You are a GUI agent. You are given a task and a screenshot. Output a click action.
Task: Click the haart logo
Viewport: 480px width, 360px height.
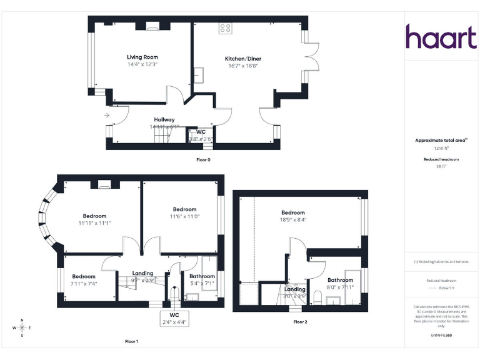441,37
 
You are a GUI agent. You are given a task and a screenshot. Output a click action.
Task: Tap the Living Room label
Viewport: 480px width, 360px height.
142,57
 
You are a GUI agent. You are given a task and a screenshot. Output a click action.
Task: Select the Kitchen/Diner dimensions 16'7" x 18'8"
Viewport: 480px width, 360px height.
242,66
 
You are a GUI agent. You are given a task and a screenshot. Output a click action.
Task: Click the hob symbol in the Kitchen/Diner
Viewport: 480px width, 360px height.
226,28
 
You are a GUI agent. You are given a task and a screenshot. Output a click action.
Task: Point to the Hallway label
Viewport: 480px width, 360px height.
164,119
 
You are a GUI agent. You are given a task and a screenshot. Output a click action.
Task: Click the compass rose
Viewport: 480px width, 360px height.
22,327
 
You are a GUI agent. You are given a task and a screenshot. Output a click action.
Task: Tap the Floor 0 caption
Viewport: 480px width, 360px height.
204,160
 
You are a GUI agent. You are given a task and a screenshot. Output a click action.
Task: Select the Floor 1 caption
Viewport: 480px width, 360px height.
131,341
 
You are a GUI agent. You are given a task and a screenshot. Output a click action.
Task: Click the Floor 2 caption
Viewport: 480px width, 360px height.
300,322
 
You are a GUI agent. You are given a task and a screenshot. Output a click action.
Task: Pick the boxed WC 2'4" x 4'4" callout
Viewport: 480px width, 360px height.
174,318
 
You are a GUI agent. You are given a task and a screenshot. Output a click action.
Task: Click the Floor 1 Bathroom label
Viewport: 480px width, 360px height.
202,276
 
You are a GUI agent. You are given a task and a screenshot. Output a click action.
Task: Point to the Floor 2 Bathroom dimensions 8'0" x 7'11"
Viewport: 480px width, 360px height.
341,287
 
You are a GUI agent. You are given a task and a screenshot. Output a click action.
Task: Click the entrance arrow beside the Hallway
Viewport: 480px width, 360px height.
107,116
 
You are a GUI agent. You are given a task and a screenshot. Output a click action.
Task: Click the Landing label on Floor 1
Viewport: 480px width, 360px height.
143,273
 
